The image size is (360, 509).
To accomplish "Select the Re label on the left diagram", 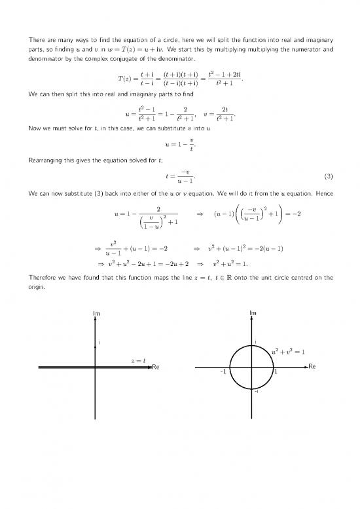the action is (156, 366).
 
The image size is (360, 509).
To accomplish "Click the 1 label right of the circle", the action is (276, 372).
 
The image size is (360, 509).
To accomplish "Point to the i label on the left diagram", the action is (99, 343).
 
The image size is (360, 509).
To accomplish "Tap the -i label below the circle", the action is (257, 392).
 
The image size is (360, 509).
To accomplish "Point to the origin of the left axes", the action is (96, 368).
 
